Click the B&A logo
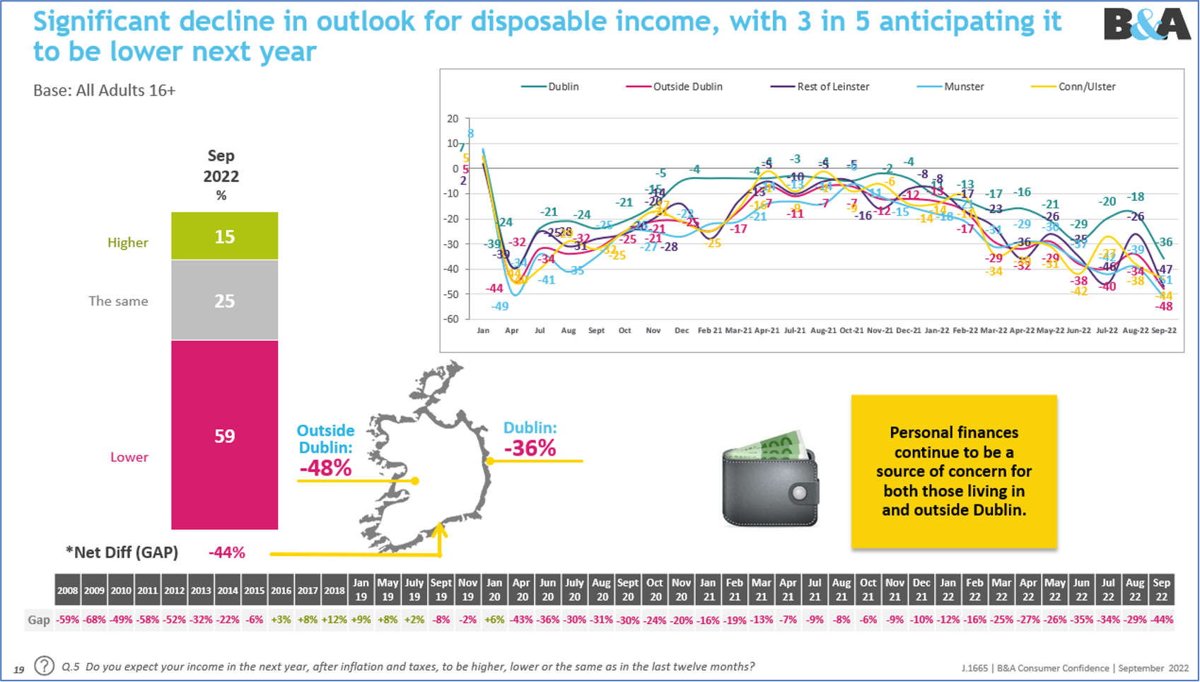click(1146, 25)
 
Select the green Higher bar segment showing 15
click(224, 236)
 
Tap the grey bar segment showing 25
click(224, 301)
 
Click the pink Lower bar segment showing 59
click(224, 435)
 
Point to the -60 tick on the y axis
click(450, 319)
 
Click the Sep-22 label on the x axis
click(1164, 330)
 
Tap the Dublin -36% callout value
click(530, 448)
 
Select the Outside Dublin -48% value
click(325, 468)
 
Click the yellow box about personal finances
click(953, 471)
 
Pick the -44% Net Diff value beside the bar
click(226, 553)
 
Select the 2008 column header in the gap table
click(68, 590)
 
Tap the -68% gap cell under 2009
click(94, 620)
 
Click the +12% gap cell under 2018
click(334, 620)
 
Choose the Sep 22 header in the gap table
click(1161, 589)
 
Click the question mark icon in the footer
click(44, 666)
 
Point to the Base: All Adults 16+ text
click(104, 91)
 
